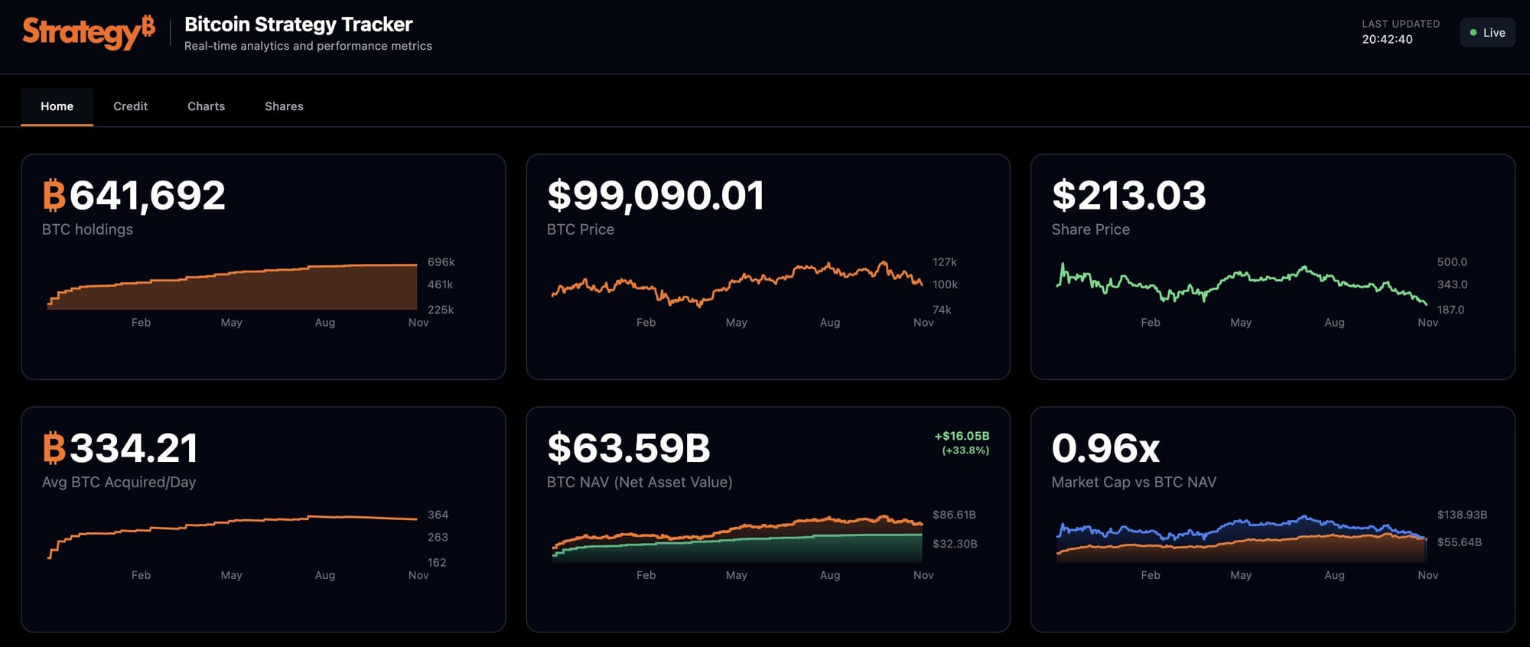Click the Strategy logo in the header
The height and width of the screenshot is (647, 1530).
88,32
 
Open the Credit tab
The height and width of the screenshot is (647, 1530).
130,106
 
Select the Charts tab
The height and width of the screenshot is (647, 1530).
206,106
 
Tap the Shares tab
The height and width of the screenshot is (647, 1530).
284,106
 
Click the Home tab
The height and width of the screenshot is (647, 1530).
57,106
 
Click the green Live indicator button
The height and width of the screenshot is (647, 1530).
1487,32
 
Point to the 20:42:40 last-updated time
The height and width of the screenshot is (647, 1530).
1387,39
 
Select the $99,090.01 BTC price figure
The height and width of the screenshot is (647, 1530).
656,196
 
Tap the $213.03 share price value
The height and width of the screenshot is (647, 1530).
1128,196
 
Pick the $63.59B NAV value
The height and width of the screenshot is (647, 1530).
629,448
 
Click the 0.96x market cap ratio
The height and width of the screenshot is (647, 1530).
1105,448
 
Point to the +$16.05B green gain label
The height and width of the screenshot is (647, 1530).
962,436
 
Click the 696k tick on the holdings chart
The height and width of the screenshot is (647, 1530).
441,262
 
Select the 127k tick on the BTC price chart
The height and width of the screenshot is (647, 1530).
944,262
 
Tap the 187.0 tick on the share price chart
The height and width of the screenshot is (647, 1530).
1450,310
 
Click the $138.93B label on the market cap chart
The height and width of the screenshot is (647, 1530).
1461,515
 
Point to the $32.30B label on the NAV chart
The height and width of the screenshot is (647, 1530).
955,544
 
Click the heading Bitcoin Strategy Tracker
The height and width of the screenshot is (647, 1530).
298,24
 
